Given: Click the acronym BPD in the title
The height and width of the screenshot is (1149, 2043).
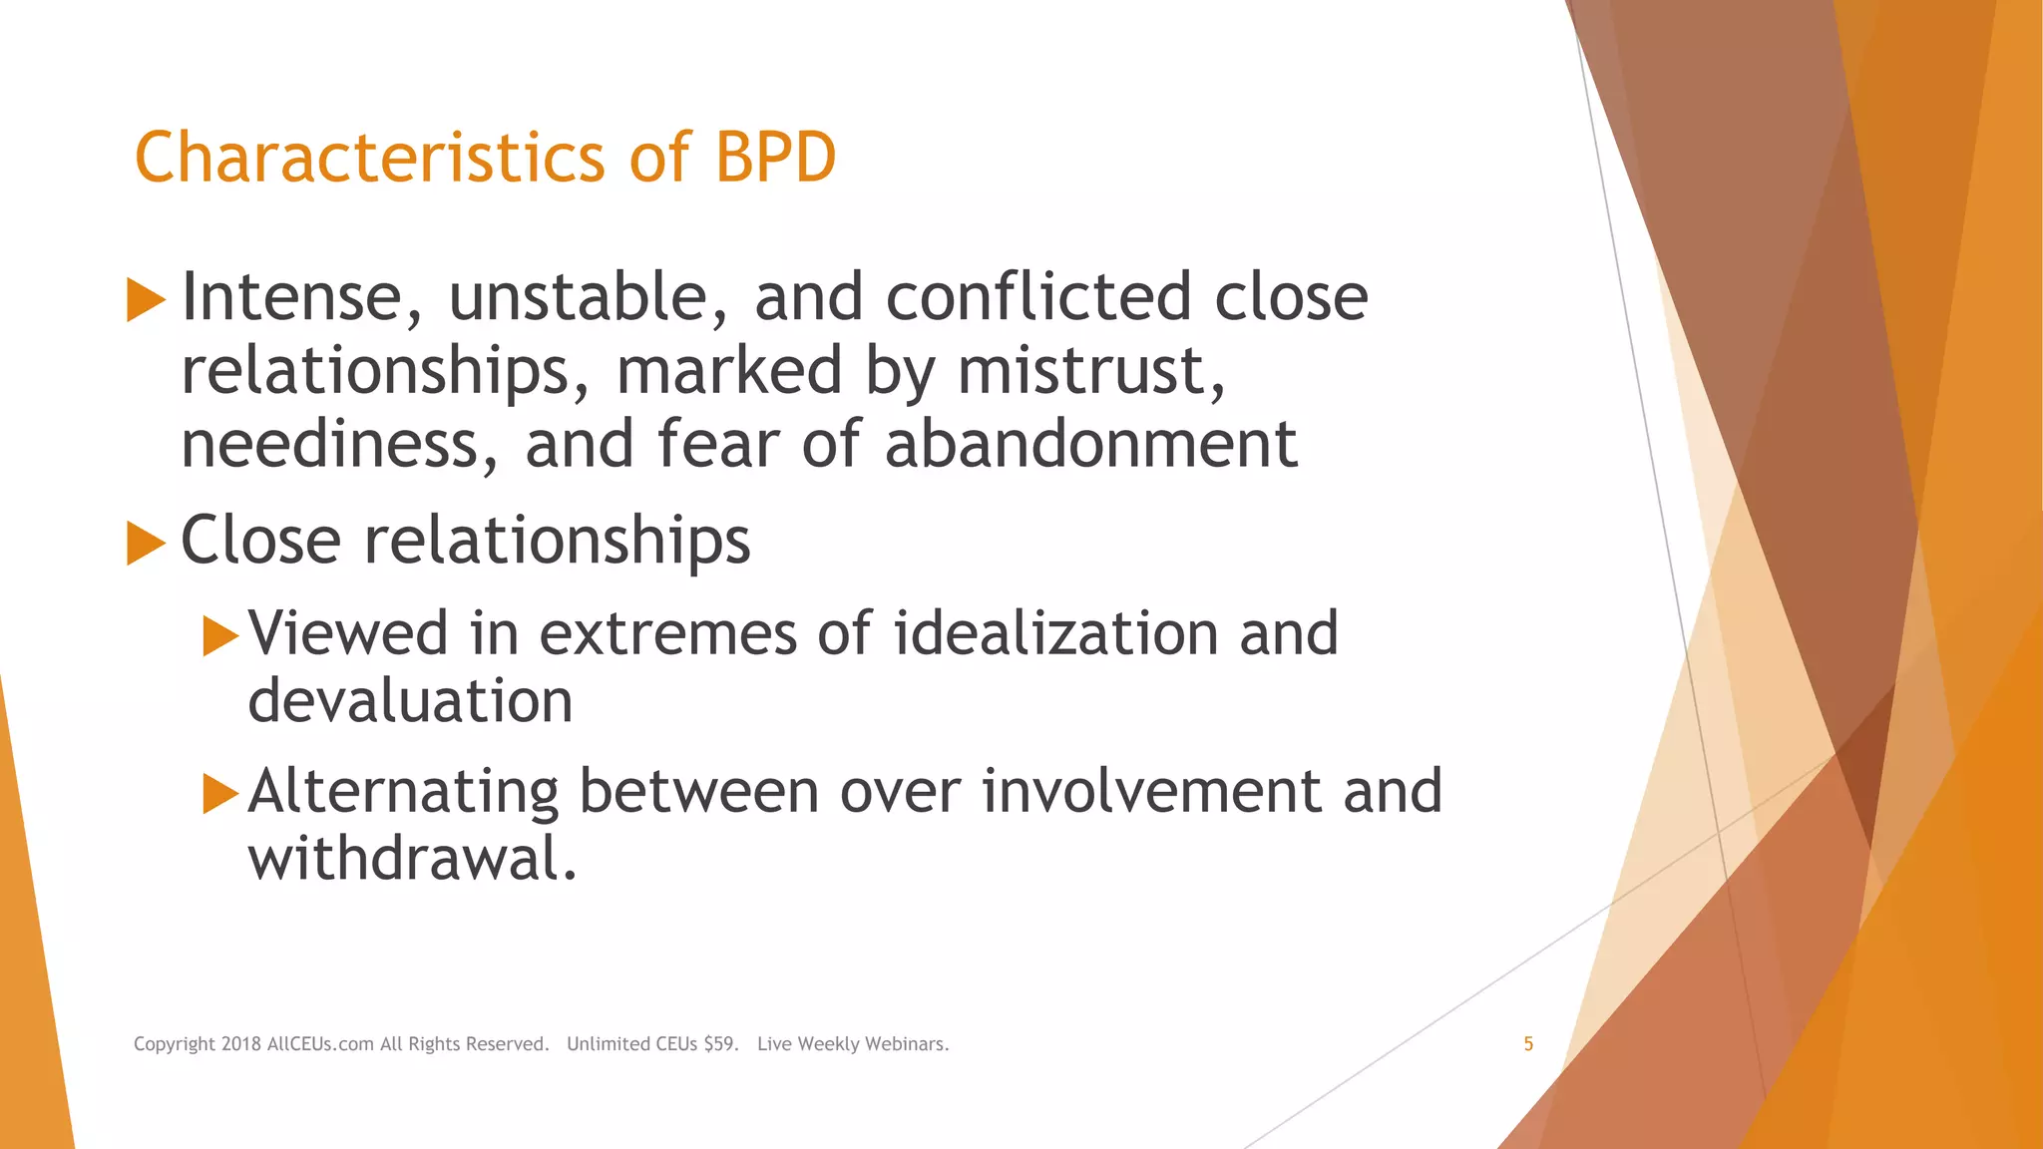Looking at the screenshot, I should [775, 158].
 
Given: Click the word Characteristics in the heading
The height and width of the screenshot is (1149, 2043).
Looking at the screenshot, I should [370, 158].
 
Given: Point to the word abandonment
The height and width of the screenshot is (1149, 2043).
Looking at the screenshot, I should [1090, 444].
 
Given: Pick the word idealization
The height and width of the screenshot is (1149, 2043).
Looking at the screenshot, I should [1055, 633].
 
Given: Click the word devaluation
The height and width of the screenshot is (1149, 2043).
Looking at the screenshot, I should [410, 701].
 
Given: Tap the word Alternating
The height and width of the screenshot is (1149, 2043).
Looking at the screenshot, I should [403, 791].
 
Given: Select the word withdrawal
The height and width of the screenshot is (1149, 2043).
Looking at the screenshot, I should [412, 859].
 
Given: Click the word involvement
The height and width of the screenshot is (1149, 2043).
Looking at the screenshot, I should [1151, 791].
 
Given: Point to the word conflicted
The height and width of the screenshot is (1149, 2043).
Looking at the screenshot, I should [1038, 297].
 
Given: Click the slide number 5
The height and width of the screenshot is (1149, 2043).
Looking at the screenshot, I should [1527, 1044].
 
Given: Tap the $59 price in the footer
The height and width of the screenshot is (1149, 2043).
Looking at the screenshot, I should [720, 1044].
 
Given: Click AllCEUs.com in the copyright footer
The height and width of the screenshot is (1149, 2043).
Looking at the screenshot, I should [320, 1044].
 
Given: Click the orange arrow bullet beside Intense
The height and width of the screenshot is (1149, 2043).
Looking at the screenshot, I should [146, 300].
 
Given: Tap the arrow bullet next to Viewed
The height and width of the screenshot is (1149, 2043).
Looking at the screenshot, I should [220, 635].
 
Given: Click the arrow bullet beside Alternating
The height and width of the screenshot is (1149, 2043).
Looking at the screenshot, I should [220, 793].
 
